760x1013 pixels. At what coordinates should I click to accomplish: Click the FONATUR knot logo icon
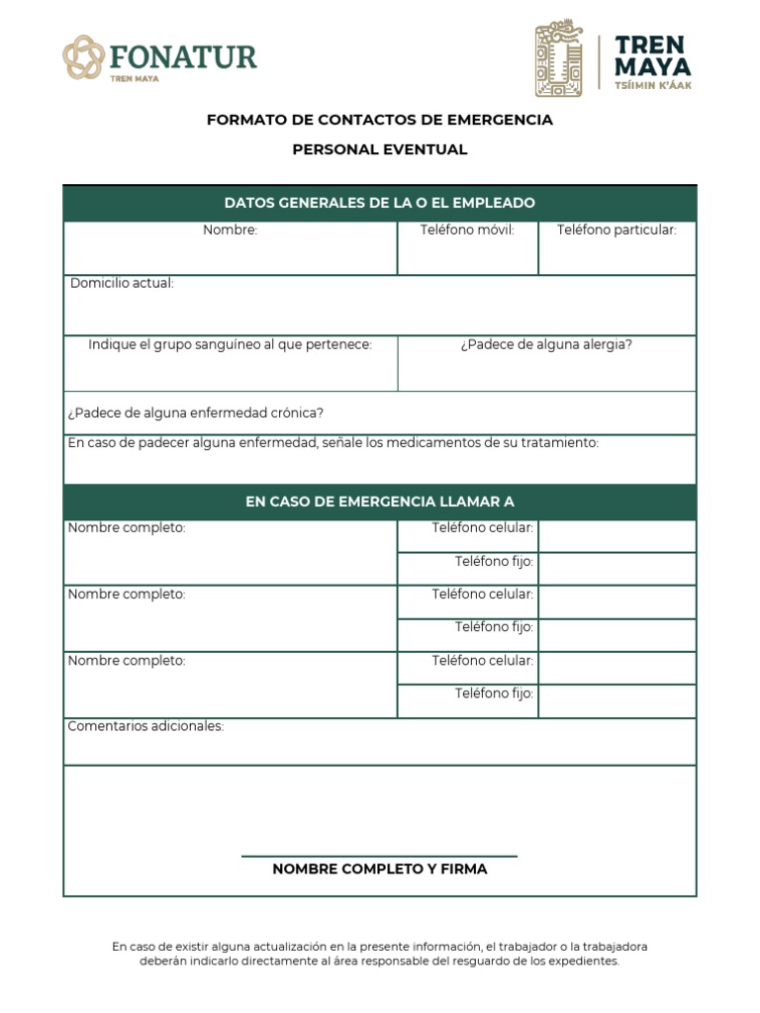83,57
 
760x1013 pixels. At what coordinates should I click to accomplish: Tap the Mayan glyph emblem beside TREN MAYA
560,59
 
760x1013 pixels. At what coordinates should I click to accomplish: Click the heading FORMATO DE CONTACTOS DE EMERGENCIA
380,120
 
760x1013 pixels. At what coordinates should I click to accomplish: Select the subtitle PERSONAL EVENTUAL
380,149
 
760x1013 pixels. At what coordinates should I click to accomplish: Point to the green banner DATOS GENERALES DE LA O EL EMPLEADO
380,203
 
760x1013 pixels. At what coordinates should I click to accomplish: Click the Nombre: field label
231,230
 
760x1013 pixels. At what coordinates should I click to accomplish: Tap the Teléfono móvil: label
467,230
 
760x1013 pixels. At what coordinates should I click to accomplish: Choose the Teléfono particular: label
617,230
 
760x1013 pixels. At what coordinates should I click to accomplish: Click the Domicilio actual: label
122,283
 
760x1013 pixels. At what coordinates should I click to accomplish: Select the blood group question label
230,344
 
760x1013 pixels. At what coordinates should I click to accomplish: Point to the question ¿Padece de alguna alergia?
546,344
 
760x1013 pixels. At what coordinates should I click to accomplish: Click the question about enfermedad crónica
195,413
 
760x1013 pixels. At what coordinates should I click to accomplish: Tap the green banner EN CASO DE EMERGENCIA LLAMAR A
380,502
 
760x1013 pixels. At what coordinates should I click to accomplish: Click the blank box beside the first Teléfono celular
617,536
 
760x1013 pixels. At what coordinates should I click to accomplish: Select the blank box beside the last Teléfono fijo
617,701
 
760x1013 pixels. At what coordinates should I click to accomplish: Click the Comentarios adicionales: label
145,726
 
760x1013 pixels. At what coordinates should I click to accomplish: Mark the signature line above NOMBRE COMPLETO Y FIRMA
380,856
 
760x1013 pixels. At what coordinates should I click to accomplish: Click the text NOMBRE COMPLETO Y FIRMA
380,870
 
